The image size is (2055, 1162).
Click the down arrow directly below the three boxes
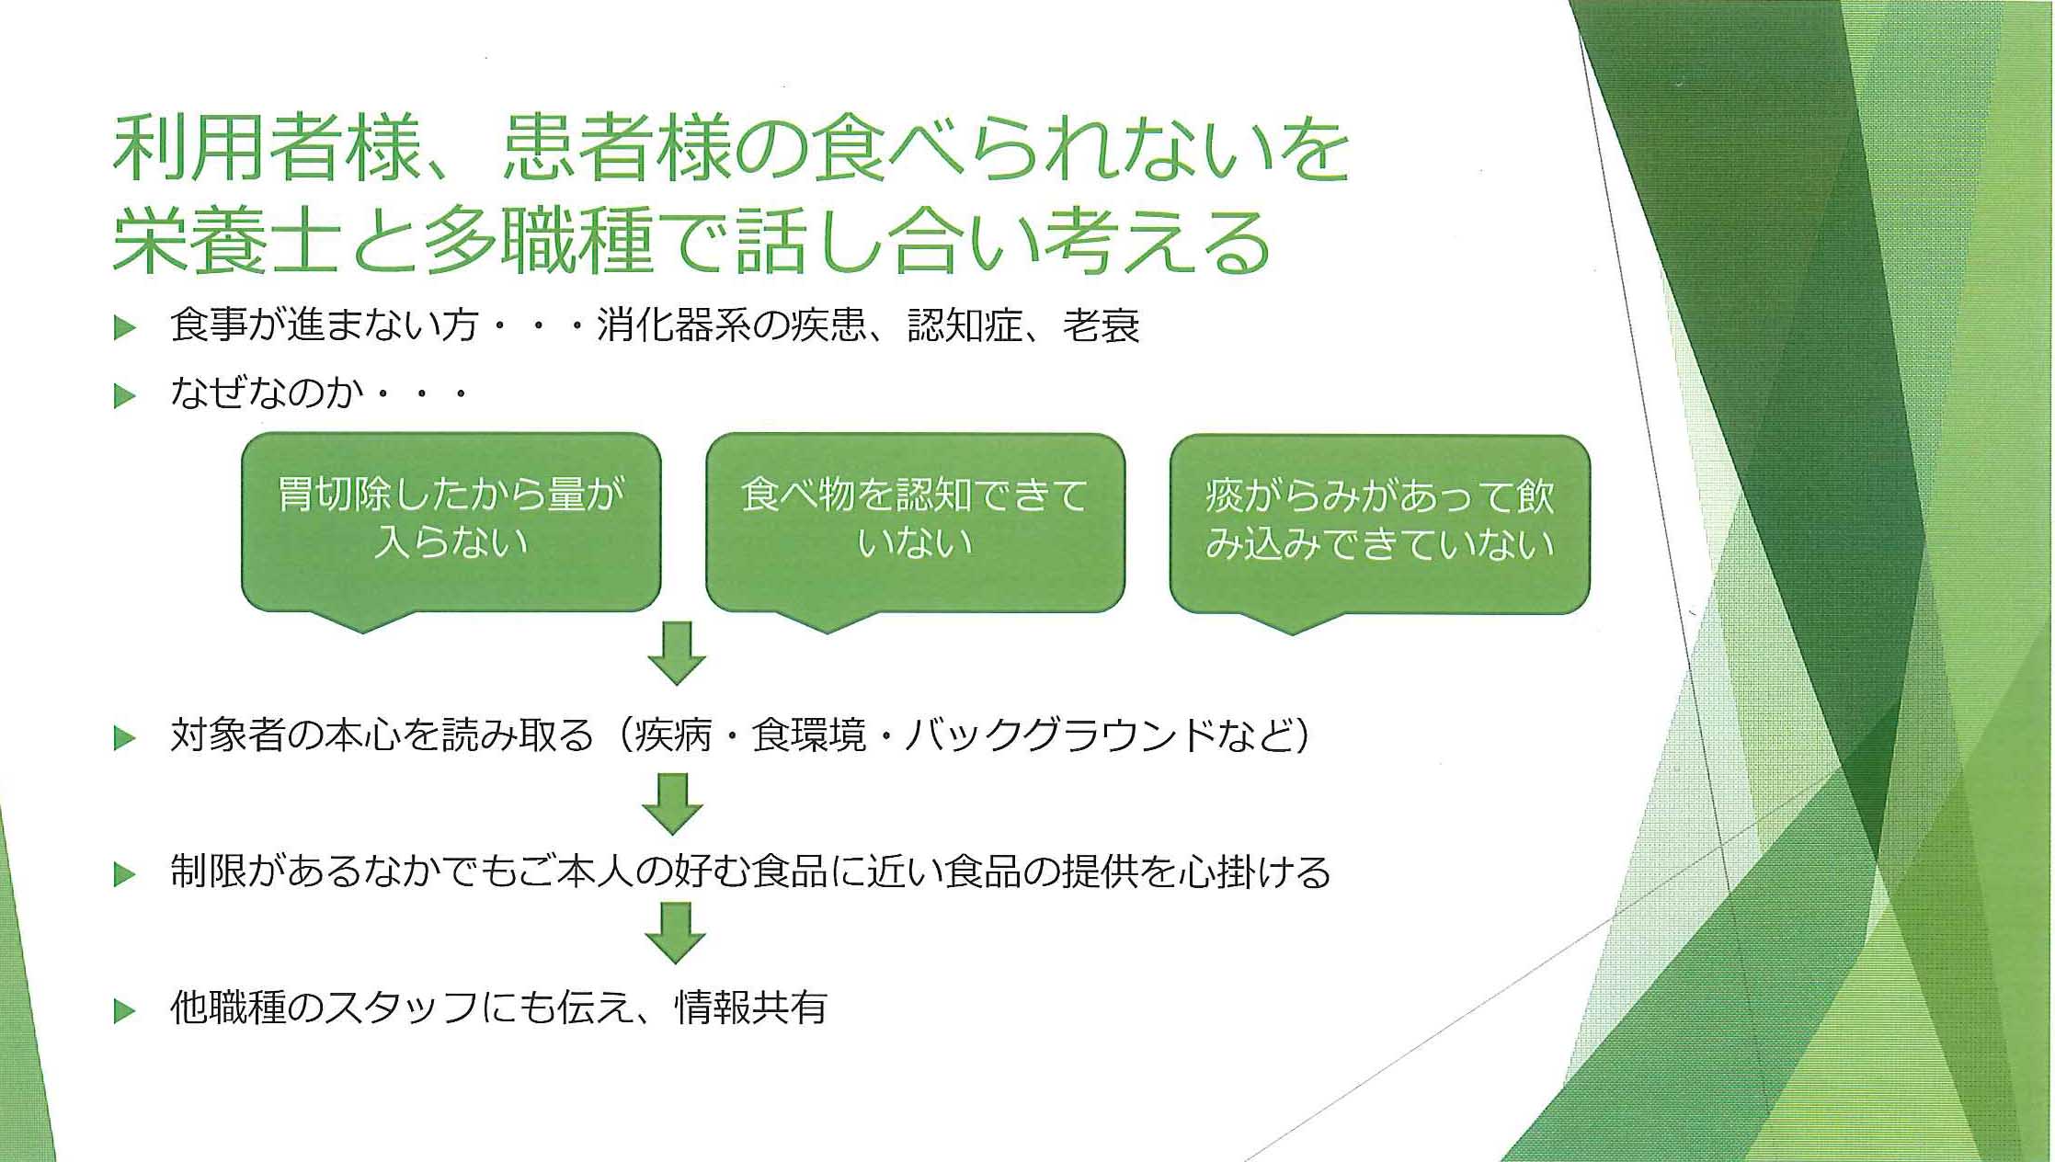point(677,654)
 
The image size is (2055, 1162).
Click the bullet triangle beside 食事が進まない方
point(124,328)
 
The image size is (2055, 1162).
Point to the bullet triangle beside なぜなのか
point(124,397)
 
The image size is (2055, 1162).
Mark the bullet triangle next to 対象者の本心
point(124,738)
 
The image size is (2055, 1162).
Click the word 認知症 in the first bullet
point(965,326)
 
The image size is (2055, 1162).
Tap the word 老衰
point(1102,326)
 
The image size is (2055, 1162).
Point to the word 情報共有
point(751,1008)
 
